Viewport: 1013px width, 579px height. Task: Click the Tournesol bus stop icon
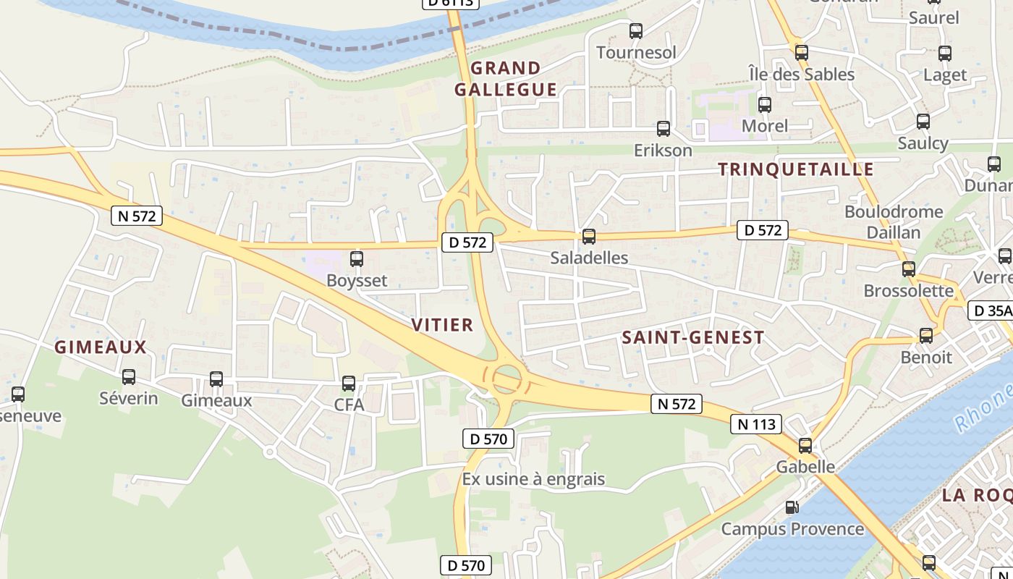(636, 31)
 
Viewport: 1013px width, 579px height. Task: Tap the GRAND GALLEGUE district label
(506, 79)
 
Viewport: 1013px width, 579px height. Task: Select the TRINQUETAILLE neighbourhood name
(796, 169)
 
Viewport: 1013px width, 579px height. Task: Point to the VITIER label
(442, 325)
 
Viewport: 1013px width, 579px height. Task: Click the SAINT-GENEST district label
(692, 337)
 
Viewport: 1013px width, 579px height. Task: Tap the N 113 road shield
(757, 424)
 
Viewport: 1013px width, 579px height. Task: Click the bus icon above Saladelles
(589, 237)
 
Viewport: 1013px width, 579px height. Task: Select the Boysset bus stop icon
(357, 259)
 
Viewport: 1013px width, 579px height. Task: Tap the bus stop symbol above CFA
(349, 384)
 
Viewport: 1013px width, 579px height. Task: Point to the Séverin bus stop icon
(129, 377)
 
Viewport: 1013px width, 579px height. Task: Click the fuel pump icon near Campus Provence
(792, 508)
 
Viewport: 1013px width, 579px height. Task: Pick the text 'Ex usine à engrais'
(533, 479)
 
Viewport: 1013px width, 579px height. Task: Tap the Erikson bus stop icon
(664, 129)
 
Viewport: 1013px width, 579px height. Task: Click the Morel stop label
(765, 126)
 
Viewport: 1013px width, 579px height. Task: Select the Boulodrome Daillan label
(894, 221)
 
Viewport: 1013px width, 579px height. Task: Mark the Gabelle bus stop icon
(805, 446)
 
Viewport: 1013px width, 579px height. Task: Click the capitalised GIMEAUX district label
(101, 347)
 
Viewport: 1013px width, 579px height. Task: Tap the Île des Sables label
(801, 74)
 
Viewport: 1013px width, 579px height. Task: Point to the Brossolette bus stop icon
(909, 269)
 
